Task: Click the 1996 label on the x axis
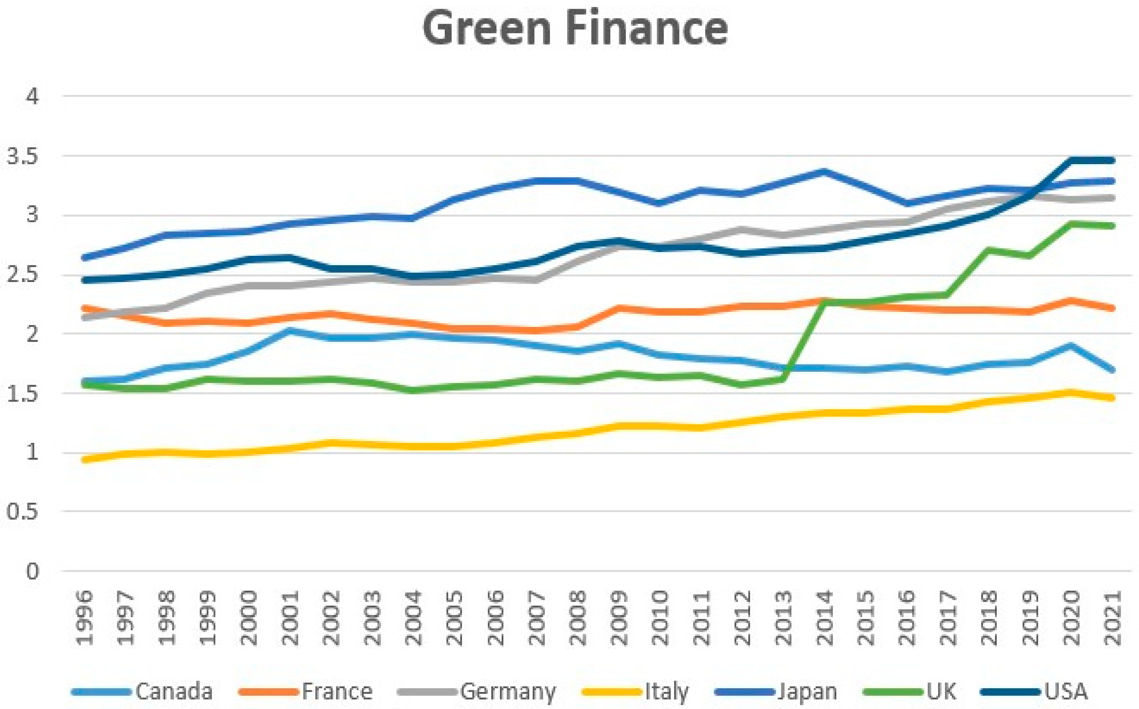[85, 618]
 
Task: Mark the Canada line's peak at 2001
[290, 330]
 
